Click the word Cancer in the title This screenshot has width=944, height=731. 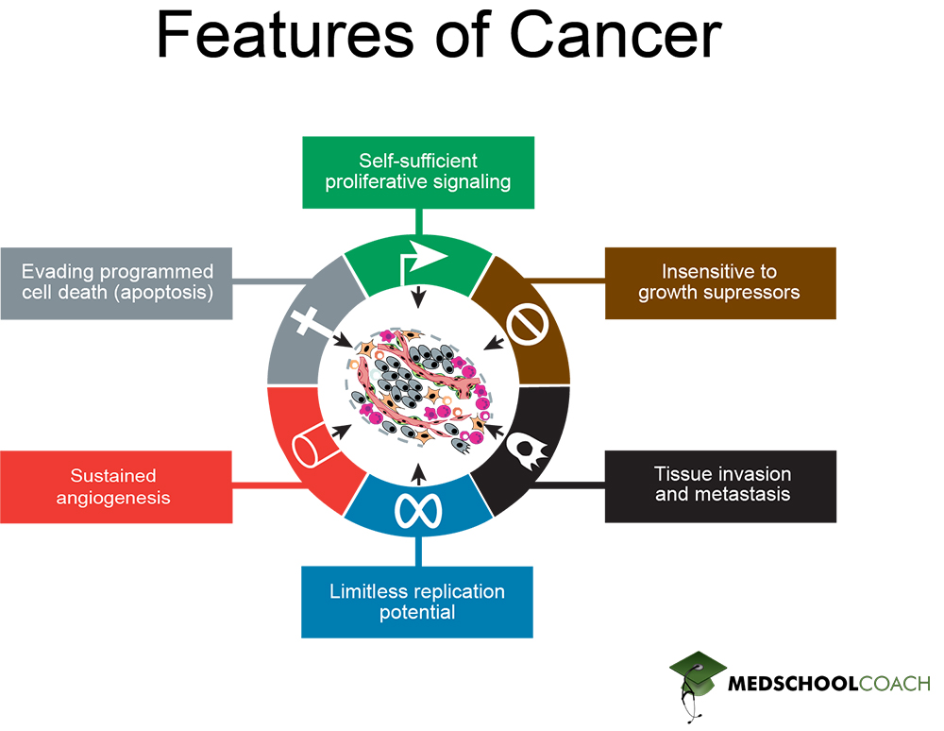pyautogui.click(x=615, y=37)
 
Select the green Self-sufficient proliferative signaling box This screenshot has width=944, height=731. pyautogui.click(x=418, y=172)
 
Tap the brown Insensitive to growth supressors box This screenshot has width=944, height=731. pyautogui.click(x=719, y=282)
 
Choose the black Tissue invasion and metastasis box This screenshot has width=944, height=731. pyautogui.click(x=719, y=485)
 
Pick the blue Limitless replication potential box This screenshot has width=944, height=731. pyautogui.click(x=417, y=602)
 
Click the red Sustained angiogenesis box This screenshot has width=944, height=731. pyautogui.click(x=116, y=486)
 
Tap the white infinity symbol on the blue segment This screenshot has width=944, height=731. pyautogui.click(x=417, y=510)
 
